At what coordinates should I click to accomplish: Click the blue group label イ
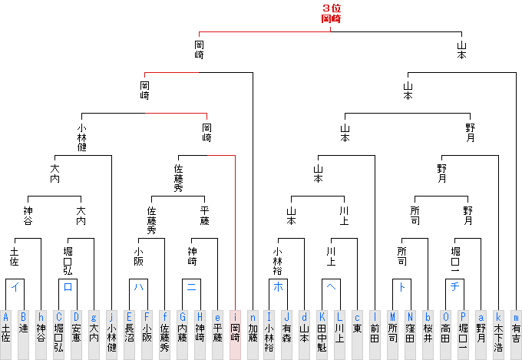(x=15, y=288)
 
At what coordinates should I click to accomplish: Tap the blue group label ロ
(x=68, y=288)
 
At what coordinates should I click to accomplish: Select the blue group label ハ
(x=138, y=288)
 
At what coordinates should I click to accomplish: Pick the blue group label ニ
(x=190, y=288)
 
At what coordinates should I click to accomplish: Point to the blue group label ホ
(x=278, y=288)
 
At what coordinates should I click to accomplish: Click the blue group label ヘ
(x=331, y=288)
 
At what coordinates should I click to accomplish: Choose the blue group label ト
(x=401, y=288)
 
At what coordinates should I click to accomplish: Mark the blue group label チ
(x=454, y=288)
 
